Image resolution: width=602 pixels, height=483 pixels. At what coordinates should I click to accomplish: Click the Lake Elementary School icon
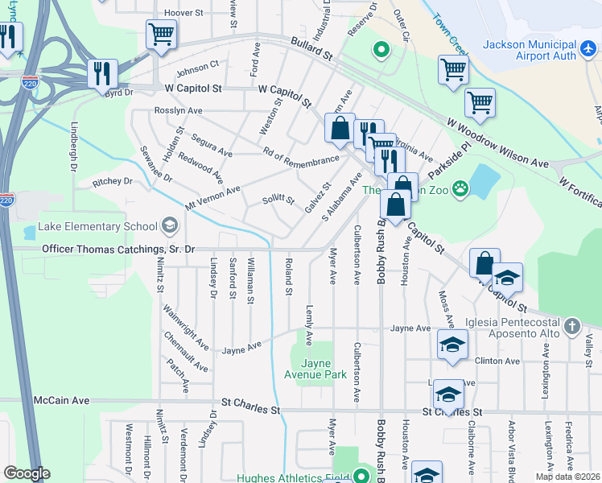coord(169,225)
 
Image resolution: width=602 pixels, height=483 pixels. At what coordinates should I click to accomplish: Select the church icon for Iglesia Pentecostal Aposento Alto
coord(571,326)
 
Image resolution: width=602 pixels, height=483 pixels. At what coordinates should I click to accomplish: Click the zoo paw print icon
coord(460,190)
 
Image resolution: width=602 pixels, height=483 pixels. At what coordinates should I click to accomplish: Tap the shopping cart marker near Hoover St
coord(161,35)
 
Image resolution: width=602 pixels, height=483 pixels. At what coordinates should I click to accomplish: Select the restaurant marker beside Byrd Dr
coord(102,72)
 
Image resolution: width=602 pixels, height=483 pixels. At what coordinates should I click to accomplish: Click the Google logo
coord(27,473)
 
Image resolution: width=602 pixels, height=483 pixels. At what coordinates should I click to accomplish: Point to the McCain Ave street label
coord(61,400)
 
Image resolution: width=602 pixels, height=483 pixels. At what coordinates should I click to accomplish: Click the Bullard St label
coord(313,53)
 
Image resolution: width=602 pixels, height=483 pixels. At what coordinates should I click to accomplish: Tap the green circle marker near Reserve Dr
coord(381,52)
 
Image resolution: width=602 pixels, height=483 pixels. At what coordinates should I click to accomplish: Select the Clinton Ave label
coord(493,361)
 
